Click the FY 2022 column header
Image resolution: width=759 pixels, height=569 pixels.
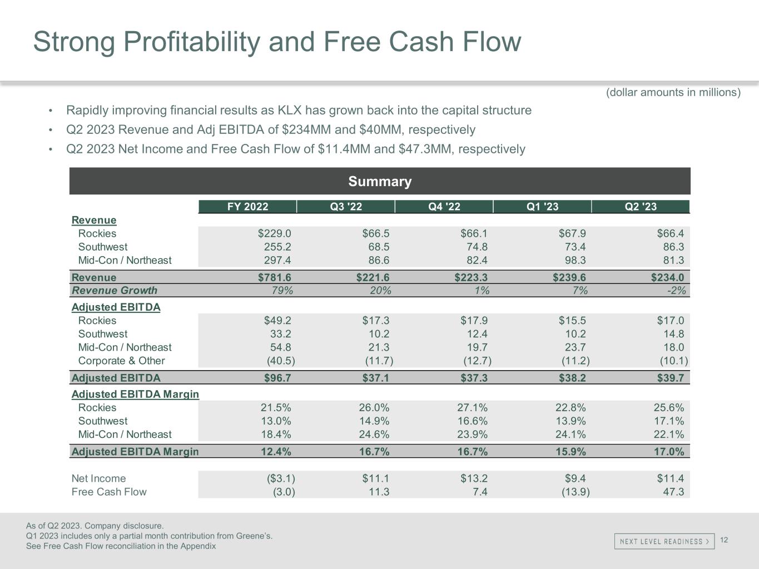(247, 207)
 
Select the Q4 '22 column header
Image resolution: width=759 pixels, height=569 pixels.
(444, 207)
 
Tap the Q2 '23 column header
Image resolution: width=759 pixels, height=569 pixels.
(641, 207)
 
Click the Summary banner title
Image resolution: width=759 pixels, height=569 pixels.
(380, 181)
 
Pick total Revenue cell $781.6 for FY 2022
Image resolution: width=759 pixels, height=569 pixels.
(274, 277)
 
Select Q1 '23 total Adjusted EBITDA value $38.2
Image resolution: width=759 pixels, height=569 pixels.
(572, 378)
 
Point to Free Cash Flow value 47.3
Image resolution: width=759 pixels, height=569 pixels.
(673, 492)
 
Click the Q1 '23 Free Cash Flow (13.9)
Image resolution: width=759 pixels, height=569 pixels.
(576, 492)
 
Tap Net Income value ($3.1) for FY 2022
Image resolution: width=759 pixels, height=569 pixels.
(281, 478)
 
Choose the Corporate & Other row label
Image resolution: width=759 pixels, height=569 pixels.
(121, 361)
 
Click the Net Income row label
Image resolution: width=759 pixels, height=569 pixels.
(98, 478)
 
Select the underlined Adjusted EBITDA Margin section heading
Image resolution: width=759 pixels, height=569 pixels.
(135, 394)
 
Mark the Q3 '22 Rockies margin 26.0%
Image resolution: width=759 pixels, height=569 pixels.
(374, 408)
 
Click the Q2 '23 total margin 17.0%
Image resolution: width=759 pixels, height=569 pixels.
(669, 452)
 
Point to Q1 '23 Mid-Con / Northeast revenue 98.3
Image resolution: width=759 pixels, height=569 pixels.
(576, 260)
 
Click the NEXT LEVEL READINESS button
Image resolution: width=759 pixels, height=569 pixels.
(664, 541)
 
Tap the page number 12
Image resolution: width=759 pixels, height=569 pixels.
(724, 540)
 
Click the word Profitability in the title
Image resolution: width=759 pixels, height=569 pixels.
(192, 42)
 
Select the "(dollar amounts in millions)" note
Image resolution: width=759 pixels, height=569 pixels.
(673, 92)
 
